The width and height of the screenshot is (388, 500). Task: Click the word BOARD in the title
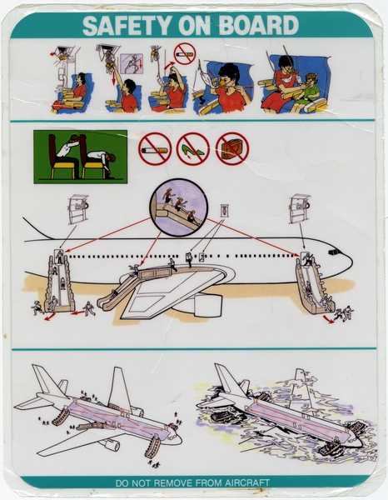point(261,25)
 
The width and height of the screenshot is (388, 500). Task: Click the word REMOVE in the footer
point(177,482)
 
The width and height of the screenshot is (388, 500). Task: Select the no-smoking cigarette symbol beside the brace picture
point(154,149)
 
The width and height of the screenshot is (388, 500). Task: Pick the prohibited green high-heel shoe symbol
point(193,149)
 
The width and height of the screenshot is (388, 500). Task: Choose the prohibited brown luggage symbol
point(231,149)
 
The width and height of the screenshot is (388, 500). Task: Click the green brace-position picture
point(80,157)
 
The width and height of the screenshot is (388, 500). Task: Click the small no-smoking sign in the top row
point(184,54)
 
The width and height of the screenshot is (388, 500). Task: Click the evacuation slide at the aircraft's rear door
point(58,283)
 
